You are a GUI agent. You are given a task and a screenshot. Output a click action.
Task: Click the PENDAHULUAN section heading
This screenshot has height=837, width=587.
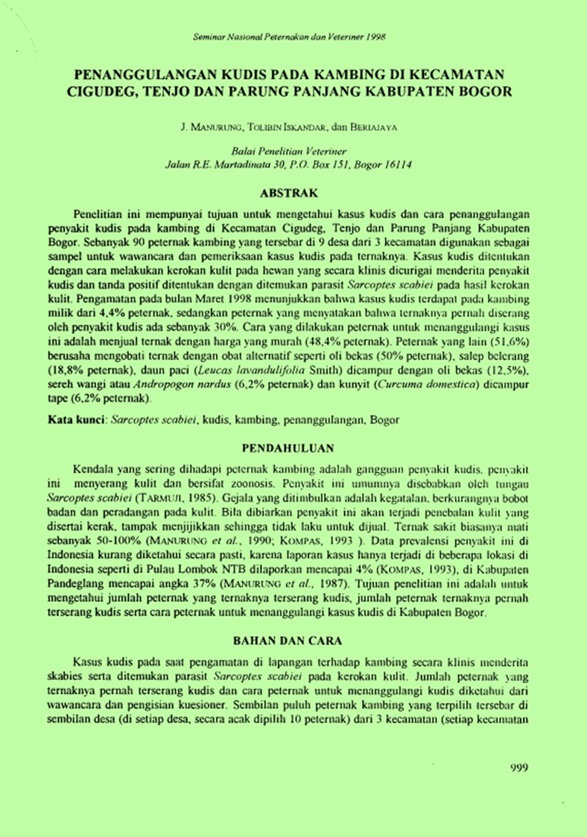[x=292, y=448]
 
